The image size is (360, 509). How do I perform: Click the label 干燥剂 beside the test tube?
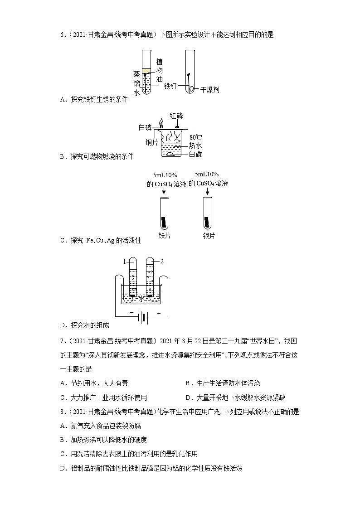tap(210, 90)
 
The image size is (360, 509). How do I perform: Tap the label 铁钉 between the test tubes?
tap(170, 86)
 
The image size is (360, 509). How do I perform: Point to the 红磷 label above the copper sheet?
tap(176, 116)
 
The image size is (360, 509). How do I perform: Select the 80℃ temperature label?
tap(195, 137)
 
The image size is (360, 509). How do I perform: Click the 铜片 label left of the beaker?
tap(151, 142)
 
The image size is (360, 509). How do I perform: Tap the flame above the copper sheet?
tap(161, 122)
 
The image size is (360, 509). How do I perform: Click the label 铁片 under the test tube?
tap(164, 236)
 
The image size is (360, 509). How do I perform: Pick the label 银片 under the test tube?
tap(209, 236)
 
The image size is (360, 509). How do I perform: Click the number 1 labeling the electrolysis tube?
tap(123, 262)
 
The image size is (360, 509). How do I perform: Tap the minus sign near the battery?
tap(132, 313)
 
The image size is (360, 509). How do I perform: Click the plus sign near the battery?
tap(159, 313)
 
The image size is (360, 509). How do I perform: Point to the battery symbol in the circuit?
tap(143, 318)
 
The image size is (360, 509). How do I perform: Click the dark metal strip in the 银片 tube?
tap(208, 223)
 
